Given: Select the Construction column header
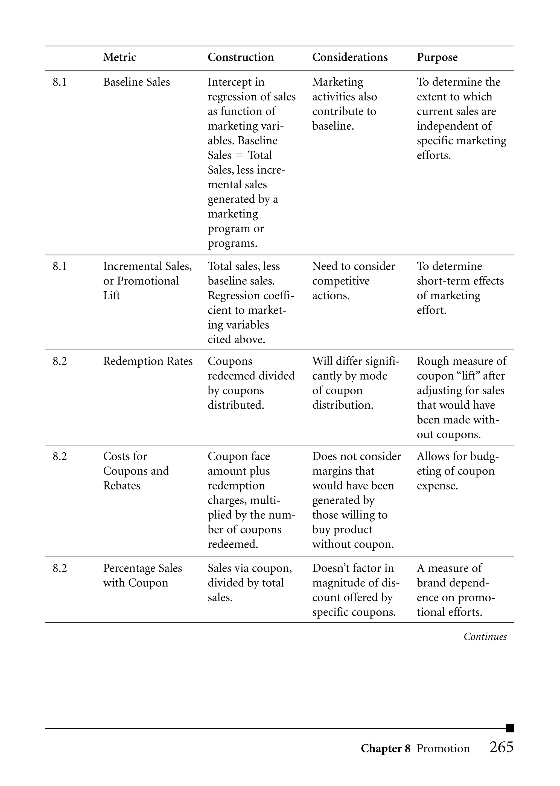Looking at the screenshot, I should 240,57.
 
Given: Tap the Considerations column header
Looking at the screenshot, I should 350,57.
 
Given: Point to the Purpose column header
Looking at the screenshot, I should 437,57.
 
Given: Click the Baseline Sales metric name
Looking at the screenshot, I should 136,82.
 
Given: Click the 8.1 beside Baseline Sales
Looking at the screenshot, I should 59,82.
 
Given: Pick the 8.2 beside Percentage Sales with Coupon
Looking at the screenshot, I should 59,568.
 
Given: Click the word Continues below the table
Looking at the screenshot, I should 485,637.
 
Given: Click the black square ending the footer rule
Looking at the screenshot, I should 510,728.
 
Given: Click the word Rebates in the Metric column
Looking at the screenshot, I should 121,486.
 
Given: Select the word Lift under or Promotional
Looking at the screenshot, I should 111,296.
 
